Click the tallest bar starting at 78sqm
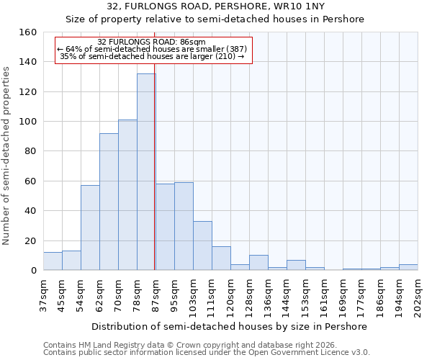[x=146, y=172]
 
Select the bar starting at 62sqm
[x=109, y=202]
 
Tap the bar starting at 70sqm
[x=127, y=195]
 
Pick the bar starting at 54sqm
[x=90, y=228]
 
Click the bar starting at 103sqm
[x=202, y=246]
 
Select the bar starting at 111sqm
[x=221, y=258]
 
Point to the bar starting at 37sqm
[x=53, y=261]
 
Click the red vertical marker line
[x=155, y=180]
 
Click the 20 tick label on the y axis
[x=30, y=241]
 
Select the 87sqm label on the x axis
[x=156, y=293]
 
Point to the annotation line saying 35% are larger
[x=152, y=56]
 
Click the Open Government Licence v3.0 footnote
[x=207, y=352]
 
